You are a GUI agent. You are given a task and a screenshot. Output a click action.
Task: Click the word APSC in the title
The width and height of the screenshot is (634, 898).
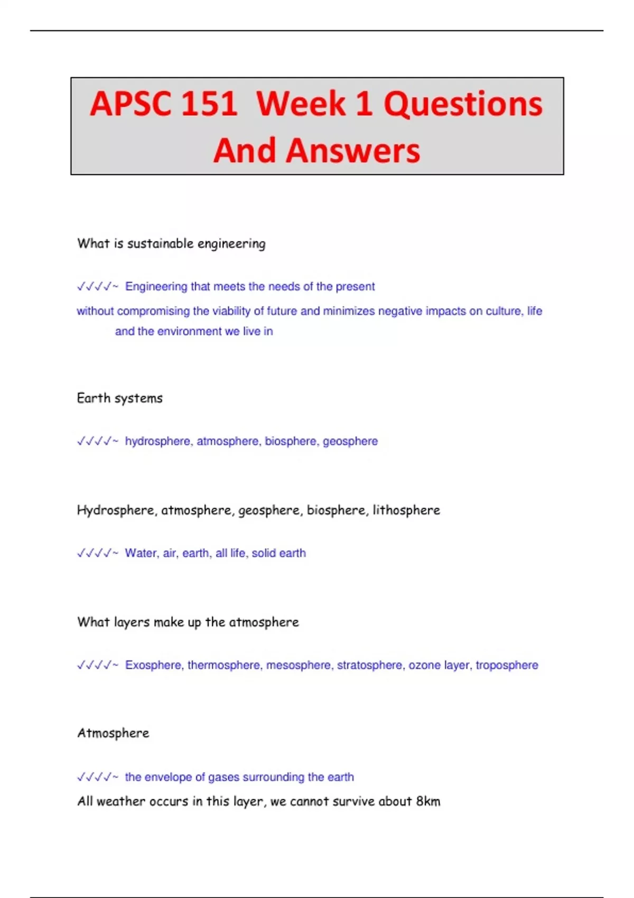[129, 104]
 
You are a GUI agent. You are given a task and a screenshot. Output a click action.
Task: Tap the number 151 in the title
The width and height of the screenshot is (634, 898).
[209, 104]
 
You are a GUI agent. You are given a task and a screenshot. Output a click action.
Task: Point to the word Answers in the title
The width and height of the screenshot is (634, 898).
[353, 151]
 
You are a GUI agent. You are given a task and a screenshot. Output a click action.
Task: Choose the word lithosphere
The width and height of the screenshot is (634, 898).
[406, 510]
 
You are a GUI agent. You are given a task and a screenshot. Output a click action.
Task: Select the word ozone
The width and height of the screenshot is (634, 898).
[424, 665]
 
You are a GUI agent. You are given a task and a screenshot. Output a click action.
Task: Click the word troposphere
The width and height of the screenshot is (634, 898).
[507, 665]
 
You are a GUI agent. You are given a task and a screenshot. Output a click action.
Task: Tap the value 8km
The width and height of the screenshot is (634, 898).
[428, 801]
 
